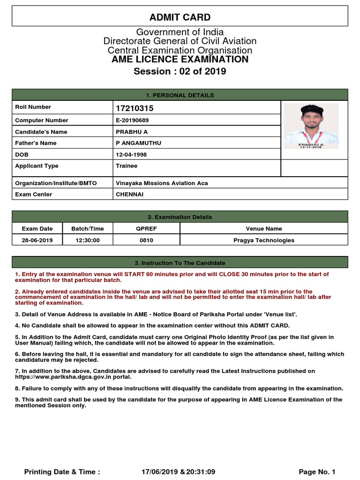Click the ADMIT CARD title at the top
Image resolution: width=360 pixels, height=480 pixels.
coord(180,17)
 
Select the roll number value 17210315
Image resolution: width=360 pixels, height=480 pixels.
coord(135,109)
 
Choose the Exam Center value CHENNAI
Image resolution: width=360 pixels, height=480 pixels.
coord(130,194)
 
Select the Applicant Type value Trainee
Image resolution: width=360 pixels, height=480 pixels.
coord(127,165)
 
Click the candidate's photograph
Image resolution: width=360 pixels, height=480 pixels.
coord(311,126)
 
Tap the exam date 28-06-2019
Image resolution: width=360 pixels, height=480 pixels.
coord(37,240)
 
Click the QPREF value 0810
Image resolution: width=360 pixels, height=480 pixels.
coord(146,240)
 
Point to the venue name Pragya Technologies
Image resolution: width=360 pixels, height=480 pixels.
coord(264,240)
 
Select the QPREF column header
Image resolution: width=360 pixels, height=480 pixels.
coord(146,229)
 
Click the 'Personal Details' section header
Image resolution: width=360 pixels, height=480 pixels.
coord(180,95)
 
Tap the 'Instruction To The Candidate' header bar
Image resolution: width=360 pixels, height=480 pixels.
coord(180,263)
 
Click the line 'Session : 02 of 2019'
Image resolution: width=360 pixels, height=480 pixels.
coord(180,71)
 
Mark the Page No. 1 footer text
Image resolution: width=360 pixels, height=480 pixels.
coord(317,472)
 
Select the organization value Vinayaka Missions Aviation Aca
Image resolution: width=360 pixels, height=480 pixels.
coord(162,183)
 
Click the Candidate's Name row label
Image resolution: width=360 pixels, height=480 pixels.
coord(41,132)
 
